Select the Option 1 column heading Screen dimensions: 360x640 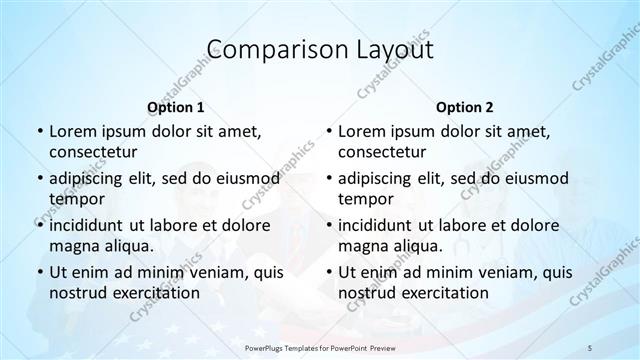click(x=176, y=107)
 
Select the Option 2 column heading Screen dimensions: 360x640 click(x=465, y=107)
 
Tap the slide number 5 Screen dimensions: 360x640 click(x=590, y=346)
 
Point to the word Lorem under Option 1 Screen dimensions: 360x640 click(x=72, y=131)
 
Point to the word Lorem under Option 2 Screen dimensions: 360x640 click(x=361, y=131)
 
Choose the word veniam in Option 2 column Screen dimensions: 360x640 click(x=501, y=272)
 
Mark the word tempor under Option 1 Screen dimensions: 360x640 click(x=73, y=199)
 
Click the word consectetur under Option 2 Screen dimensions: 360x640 click(x=382, y=152)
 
